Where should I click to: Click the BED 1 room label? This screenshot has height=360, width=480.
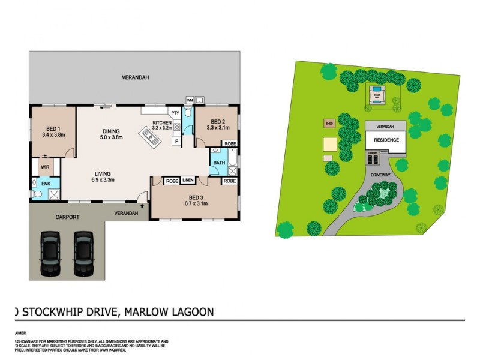(x=53, y=128)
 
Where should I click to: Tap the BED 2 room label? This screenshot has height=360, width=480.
(x=215, y=121)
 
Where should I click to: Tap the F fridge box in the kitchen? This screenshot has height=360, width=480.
(x=177, y=141)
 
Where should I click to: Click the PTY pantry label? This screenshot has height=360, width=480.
(x=175, y=113)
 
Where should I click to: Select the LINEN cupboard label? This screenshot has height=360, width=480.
(x=188, y=180)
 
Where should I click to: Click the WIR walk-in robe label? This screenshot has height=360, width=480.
(x=44, y=167)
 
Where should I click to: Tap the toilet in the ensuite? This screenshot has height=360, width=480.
(x=37, y=194)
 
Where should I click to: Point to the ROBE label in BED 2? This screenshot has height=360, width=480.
(x=230, y=144)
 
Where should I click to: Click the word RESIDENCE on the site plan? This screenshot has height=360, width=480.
(x=386, y=140)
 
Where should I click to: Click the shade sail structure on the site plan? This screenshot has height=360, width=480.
(x=376, y=94)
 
